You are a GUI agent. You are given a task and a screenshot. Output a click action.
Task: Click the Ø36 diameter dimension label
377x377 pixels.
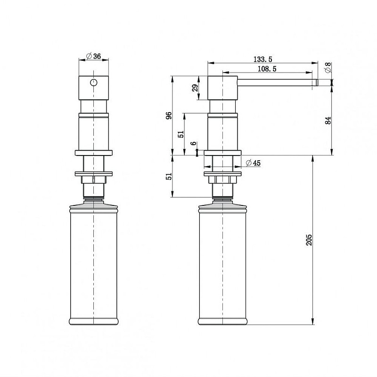(x=93, y=56)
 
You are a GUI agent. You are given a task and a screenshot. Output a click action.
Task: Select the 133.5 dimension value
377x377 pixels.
(x=263, y=59)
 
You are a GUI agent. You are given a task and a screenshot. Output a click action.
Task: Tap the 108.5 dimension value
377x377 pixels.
(x=267, y=69)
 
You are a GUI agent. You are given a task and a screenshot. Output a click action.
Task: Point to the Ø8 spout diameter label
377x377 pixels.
(x=328, y=67)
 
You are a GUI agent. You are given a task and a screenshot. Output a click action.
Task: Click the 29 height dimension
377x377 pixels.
(x=195, y=88)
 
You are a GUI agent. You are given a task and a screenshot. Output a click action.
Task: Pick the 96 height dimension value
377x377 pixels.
(x=169, y=115)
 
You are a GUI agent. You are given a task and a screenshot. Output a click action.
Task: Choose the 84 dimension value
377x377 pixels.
(x=328, y=121)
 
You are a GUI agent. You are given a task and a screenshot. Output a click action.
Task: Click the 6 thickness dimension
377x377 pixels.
(x=194, y=144)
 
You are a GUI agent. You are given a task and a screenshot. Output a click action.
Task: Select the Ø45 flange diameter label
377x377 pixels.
(x=253, y=163)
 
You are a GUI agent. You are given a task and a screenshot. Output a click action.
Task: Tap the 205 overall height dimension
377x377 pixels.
(x=309, y=240)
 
